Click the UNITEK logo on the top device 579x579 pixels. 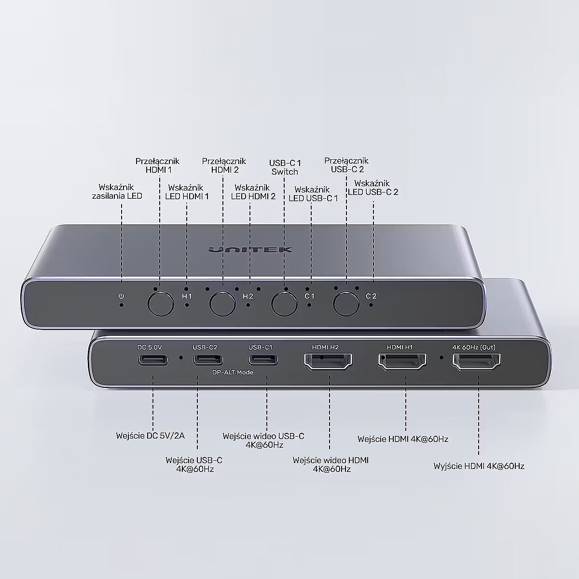[250, 250]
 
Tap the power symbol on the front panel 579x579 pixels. [121, 296]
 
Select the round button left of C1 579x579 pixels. [284, 303]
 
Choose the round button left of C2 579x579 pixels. [346, 303]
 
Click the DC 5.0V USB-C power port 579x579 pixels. [153, 360]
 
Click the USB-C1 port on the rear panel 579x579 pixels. [263, 360]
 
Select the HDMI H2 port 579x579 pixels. [328, 361]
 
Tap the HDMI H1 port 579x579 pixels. [402, 361]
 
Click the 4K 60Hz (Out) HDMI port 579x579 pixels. [477, 362]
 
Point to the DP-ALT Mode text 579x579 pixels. [233, 372]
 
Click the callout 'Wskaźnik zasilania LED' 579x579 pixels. [117, 192]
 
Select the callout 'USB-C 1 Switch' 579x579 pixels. [285, 167]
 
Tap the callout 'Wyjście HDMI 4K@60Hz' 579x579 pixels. [479, 466]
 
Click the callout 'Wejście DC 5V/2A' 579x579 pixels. [150, 436]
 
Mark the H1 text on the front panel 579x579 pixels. [187, 296]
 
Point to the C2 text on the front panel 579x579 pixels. [371, 296]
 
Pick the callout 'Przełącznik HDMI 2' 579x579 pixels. [224, 165]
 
